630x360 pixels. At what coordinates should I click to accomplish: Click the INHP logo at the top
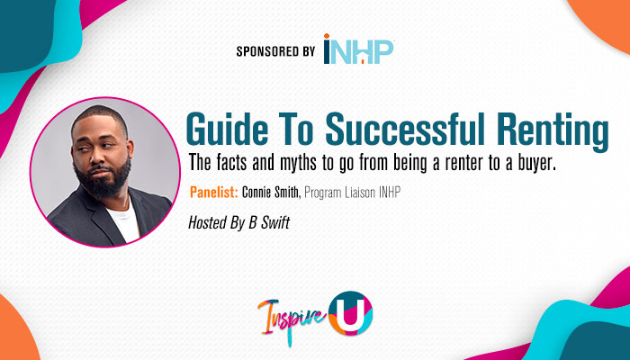tap(358, 50)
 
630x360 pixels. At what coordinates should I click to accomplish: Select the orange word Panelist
tap(215, 193)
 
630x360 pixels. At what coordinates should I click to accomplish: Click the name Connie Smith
tap(274, 193)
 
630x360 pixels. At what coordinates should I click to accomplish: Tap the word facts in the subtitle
tap(232, 166)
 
